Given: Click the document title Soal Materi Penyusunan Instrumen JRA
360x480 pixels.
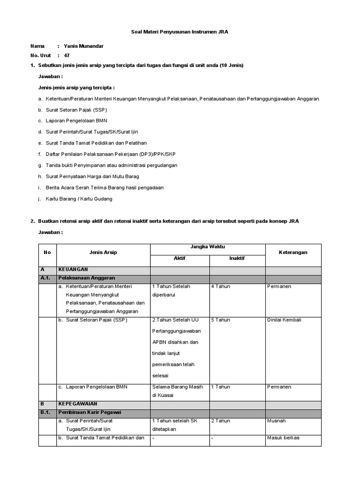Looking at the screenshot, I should [x=180, y=31].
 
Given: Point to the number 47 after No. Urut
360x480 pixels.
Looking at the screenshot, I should [x=67, y=55].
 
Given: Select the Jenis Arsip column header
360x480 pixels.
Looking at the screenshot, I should [x=103, y=252].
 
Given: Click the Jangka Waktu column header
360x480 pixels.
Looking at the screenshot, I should [x=208, y=247].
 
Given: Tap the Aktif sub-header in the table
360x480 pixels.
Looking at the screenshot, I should [x=180, y=258].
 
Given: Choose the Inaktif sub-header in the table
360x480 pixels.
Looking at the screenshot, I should [x=237, y=258].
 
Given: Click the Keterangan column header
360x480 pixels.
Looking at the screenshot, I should [x=293, y=252].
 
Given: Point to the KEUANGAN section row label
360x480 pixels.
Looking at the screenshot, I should [x=73, y=270].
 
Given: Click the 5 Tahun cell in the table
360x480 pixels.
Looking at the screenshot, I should [x=220, y=320].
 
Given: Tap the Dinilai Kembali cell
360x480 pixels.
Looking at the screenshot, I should [x=284, y=320].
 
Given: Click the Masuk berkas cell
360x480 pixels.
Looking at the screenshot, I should [x=283, y=438].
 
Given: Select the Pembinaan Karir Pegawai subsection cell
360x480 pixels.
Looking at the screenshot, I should [x=90, y=412].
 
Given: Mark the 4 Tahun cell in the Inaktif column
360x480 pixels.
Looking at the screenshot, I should [x=220, y=286].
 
